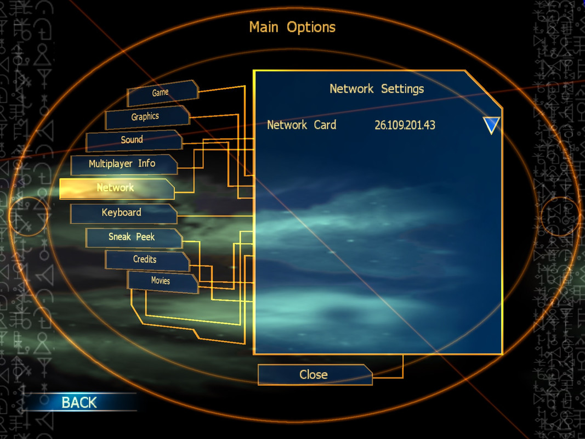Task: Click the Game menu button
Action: tap(161, 93)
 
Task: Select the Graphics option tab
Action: tap(146, 117)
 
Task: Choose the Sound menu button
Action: tap(133, 140)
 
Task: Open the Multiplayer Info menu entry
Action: tap(123, 164)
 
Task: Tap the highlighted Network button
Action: tap(116, 188)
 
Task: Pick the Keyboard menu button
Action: tap(122, 212)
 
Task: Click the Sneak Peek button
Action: tap(132, 237)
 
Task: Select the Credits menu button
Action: tap(145, 260)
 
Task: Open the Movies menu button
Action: tap(161, 281)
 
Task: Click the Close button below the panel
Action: tap(314, 375)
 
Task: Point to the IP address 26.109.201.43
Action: tap(405, 125)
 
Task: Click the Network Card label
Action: tap(302, 125)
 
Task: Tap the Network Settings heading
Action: tap(377, 89)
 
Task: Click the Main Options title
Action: tap(292, 27)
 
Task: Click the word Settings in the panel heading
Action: tap(402, 89)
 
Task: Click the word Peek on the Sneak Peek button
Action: tap(145, 237)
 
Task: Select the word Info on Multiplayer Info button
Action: tap(146, 164)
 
